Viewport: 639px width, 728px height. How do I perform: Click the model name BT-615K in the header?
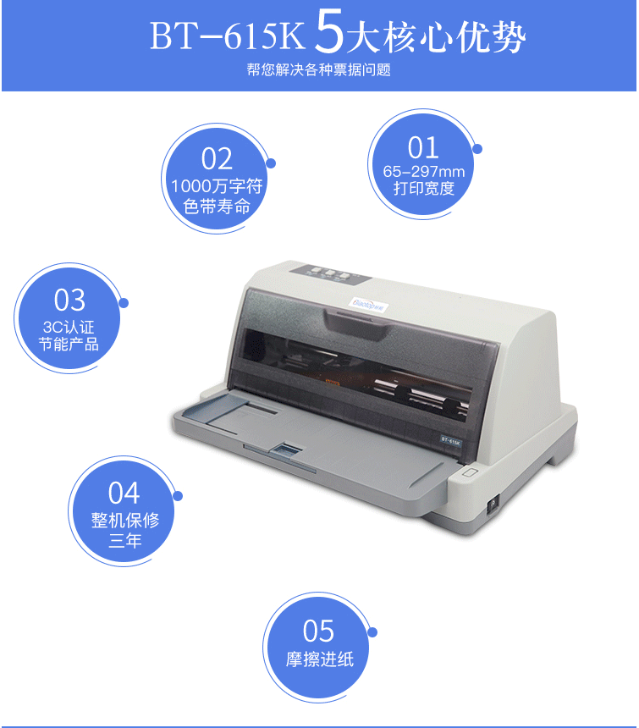click(227, 36)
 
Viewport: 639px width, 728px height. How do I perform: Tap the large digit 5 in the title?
click(328, 30)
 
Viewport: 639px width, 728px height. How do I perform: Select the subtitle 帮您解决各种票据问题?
click(319, 69)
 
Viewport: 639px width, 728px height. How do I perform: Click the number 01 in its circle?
click(423, 147)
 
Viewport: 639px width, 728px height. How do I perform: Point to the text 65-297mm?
click(424, 172)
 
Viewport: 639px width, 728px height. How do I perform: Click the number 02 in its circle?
click(217, 159)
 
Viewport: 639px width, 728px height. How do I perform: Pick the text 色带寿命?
click(217, 207)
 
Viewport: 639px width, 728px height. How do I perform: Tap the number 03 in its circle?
click(69, 300)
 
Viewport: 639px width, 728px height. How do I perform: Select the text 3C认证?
click(69, 328)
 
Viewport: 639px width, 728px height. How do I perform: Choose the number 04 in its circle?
click(124, 493)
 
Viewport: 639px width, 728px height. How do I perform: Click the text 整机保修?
click(125, 521)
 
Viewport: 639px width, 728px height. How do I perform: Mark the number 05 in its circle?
click(318, 631)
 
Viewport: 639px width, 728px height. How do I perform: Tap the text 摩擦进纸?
click(320, 659)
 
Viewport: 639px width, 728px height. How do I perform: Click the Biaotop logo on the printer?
click(367, 304)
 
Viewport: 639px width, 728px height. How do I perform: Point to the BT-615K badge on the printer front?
click(450, 440)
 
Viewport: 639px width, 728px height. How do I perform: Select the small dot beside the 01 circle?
click(477, 149)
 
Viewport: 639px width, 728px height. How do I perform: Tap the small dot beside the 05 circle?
click(372, 632)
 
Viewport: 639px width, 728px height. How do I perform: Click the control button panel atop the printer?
click(330, 274)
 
